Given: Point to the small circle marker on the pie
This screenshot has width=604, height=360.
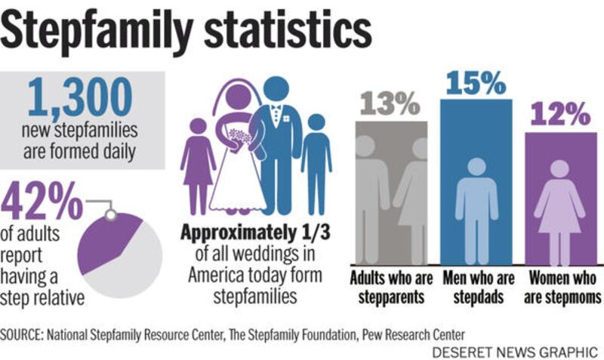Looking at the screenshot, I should click(x=110, y=214).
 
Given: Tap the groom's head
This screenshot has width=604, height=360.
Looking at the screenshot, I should click(x=276, y=88).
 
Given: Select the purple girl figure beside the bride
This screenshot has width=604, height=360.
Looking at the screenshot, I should click(x=199, y=162).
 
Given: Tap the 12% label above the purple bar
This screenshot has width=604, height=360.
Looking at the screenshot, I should click(x=559, y=115).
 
